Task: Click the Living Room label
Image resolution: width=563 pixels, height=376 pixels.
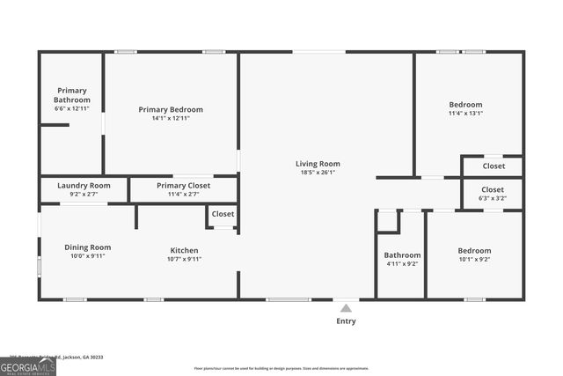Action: pyautogui.click(x=318, y=164)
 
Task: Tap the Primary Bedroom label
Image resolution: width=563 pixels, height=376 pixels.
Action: pyautogui.click(x=171, y=110)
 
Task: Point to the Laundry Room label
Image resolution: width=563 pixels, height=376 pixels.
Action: pyautogui.click(x=84, y=186)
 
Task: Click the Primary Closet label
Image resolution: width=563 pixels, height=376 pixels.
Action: pyautogui.click(x=183, y=186)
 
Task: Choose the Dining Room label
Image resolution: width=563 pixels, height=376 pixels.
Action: pyautogui.click(x=88, y=247)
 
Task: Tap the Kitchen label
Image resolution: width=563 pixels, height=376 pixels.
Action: pyautogui.click(x=184, y=251)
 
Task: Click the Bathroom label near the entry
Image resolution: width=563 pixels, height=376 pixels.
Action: pyautogui.click(x=402, y=255)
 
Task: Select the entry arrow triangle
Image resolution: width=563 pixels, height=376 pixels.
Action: pyautogui.click(x=346, y=308)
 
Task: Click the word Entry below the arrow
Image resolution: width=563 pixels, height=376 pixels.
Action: pyautogui.click(x=347, y=321)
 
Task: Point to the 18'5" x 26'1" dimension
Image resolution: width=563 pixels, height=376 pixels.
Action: pyautogui.click(x=318, y=173)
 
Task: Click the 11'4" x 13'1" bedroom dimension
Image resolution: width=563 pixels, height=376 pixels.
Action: pyautogui.click(x=465, y=113)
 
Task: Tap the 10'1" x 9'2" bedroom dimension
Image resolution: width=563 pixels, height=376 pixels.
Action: pyautogui.click(x=475, y=260)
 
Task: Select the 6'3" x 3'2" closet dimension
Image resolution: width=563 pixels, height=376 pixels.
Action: pyautogui.click(x=493, y=199)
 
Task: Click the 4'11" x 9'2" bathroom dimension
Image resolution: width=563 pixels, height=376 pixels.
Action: pyautogui.click(x=402, y=263)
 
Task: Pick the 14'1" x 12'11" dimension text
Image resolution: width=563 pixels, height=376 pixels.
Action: pyautogui.click(x=171, y=118)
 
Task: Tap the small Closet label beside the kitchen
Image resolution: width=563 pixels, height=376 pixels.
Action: pyautogui.click(x=223, y=214)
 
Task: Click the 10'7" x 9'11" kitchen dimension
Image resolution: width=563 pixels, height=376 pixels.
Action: pyautogui.click(x=184, y=260)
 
